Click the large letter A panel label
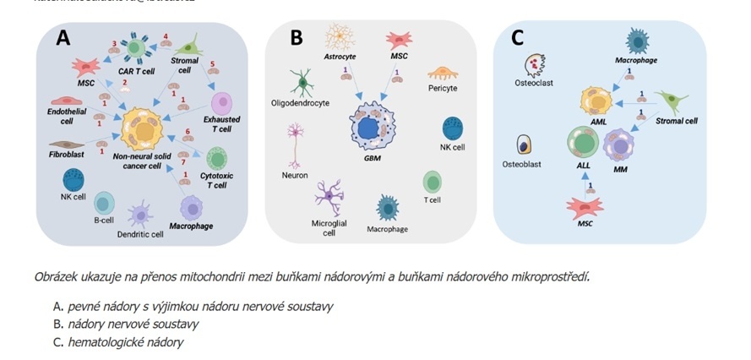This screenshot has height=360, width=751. click(63, 37)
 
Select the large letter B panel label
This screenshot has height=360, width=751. click(296, 38)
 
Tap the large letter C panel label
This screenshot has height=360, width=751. click(518, 37)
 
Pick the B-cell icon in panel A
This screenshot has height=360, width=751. click(104, 203)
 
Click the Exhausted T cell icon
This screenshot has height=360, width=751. click(221, 103)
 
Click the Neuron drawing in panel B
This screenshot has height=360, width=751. click(296, 144)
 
